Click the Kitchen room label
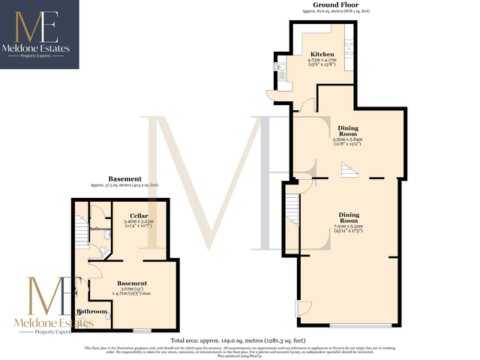click(x=322, y=54)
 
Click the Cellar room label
click(x=138, y=215)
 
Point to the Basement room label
click(x=132, y=283)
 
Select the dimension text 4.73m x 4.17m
click(x=322, y=61)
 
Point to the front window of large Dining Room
click(x=361, y=325)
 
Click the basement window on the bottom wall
click(x=142, y=330)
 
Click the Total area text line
click(x=239, y=340)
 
